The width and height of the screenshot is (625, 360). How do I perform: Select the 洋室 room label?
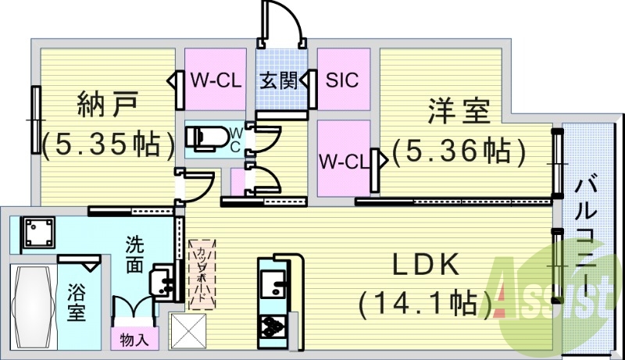pyautogui.click(x=458, y=111)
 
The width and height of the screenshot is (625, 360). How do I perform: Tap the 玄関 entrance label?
pyautogui.click(x=279, y=80)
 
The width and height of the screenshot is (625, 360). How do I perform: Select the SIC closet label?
pyautogui.click(x=342, y=80)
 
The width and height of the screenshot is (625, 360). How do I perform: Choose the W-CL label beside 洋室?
pyautogui.click(x=343, y=162)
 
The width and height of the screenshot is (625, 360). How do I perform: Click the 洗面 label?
pyautogui.click(x=135, y=255)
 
